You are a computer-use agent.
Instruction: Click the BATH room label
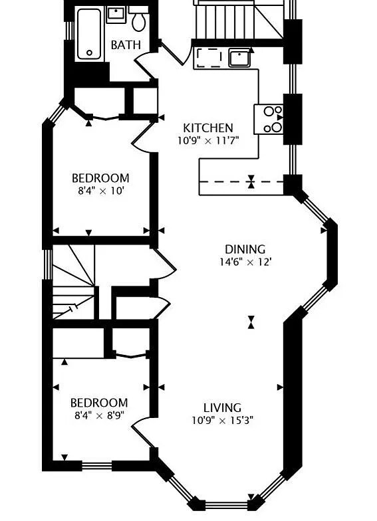pos(126,45)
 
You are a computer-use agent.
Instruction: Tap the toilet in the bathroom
pos(138,19)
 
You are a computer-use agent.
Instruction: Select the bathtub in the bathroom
pos(89,35)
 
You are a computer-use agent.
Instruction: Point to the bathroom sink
pos(116,15)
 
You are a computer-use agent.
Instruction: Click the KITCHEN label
pos(208,128)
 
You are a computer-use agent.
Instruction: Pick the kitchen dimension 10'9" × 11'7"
pos(208,141)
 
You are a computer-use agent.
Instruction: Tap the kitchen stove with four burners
pos(269,120)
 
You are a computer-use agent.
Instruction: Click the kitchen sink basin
pos(239,58)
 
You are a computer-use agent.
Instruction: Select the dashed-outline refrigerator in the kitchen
pos(209,58)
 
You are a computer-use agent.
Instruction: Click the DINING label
pos(245,249)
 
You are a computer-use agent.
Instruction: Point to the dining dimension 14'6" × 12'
pos(245,262)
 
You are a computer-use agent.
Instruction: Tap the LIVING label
pos(222,408)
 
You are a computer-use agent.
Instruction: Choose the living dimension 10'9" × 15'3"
pos(222,421)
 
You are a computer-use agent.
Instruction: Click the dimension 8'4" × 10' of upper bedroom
pos(101,191)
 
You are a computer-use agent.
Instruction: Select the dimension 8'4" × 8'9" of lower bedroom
pos(100,416)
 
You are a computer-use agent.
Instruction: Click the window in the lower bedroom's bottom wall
pos(97,466)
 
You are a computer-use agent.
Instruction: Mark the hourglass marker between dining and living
pos(251,322)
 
